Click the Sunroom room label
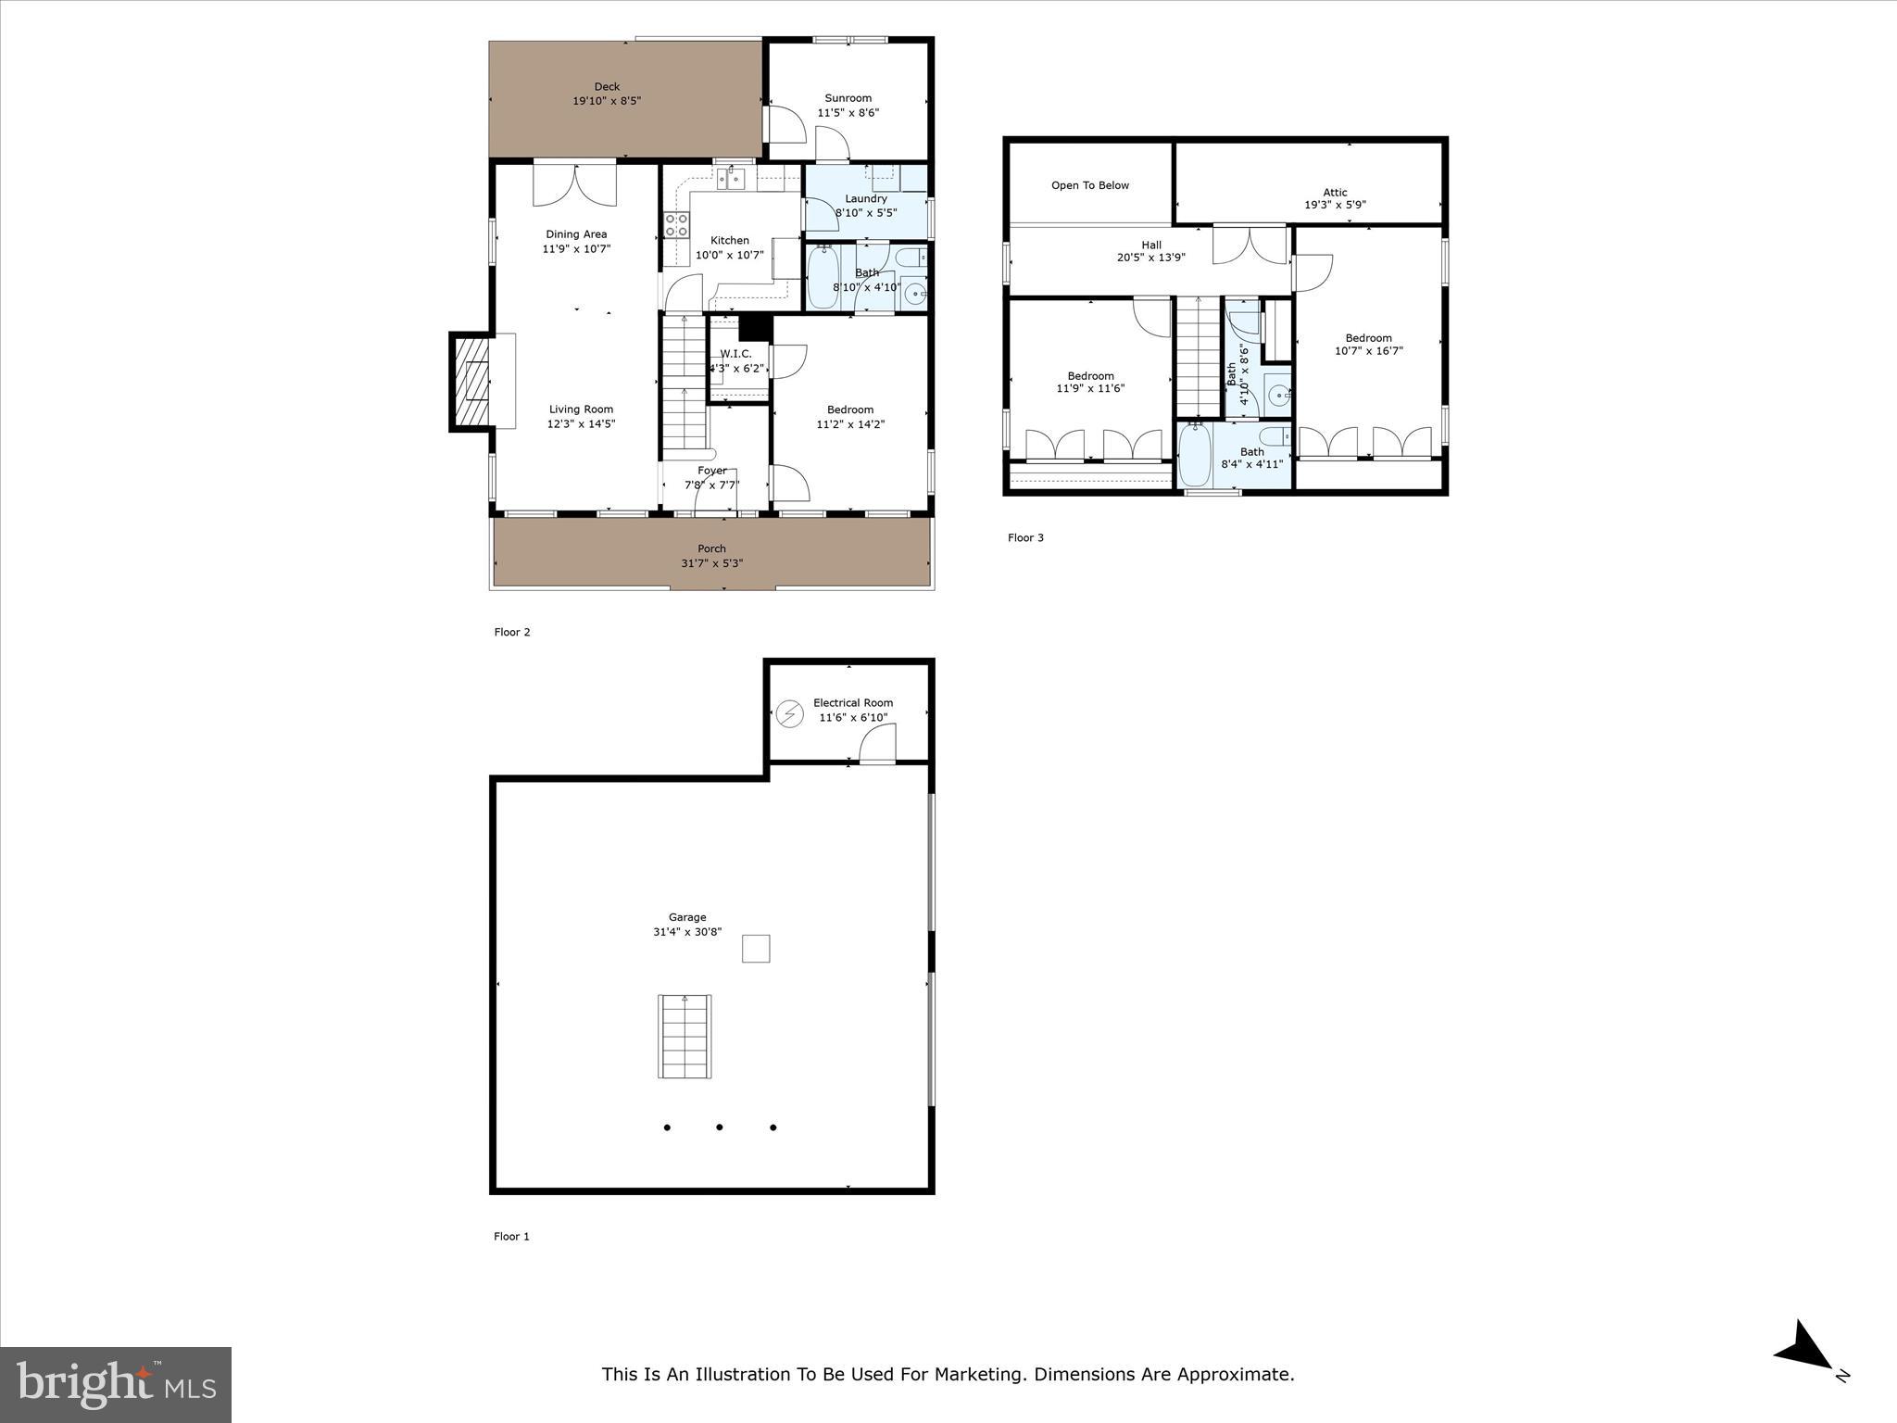click(x=848, y=98)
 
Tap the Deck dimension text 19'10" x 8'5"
click(x=607, y=101)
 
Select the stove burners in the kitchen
click(x=676, y=225)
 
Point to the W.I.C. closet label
click(x=735, y=354)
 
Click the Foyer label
click(x=711, y=471)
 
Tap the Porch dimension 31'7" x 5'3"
click(x=711, y=563)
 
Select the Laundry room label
click(x=866, y=198)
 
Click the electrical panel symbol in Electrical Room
click(x=789, y=713)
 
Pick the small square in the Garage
click(x=756, y=949)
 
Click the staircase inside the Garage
click(x=685, y=1036)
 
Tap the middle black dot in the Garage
click(x=720, y=1127)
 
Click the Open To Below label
click(x=1089, y=185)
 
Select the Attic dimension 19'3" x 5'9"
click(x=1335, y=206)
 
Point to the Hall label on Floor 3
click(x=1151, y=246)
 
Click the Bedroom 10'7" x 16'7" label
click(x=1368, y=338)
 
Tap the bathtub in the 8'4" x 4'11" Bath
click(x=1195, y=454)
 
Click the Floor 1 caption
click(x=511, y=1236)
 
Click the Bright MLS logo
click(x=116, y=1384)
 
